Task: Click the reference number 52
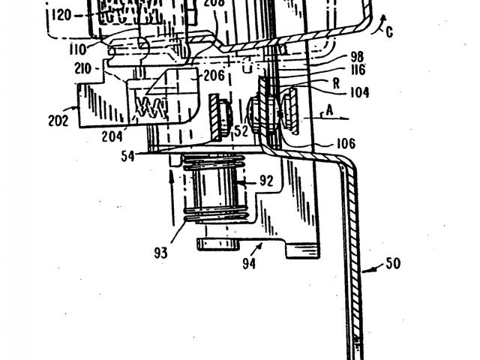click(241, 130)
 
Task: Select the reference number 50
click(393, 264)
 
